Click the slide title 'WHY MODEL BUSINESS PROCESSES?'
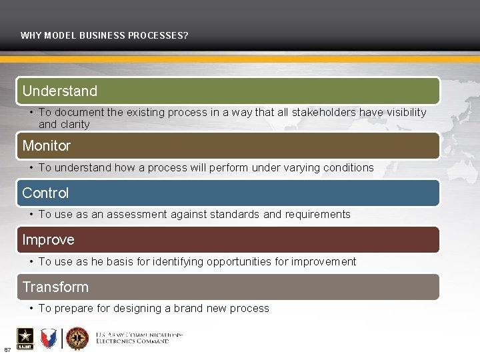104,35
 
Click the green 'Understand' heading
60,91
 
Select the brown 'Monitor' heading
47,145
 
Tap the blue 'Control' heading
45,193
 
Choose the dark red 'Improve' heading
48,239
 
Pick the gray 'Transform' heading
55,287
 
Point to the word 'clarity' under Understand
73,125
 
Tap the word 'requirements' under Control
318,215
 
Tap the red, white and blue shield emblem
49,339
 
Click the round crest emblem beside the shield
77,339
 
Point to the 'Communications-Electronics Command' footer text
139,337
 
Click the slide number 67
7,349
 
